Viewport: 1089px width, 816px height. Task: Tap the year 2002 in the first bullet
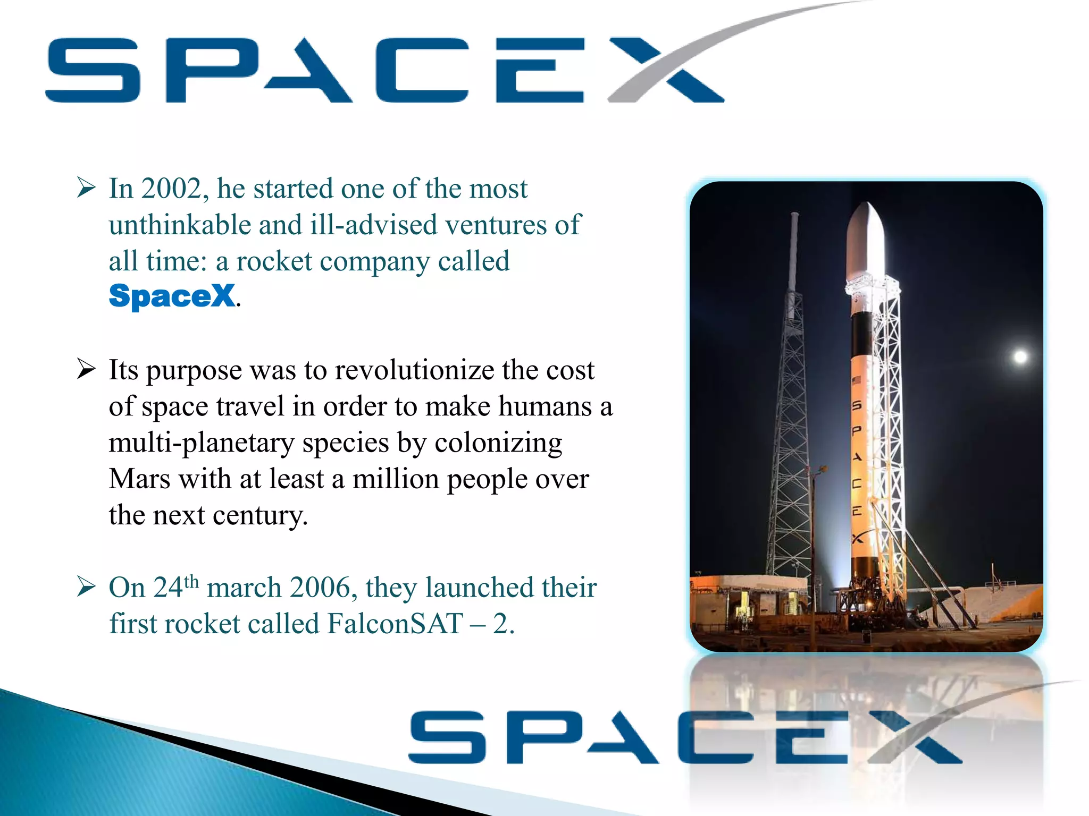171,189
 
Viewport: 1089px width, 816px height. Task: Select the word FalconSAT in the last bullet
395,624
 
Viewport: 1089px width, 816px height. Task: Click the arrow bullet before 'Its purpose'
86,369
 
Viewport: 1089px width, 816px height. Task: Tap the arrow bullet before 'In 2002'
86,188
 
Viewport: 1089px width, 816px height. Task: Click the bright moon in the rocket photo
1020,356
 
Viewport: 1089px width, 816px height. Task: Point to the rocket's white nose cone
865,234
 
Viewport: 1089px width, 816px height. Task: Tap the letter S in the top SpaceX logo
94,70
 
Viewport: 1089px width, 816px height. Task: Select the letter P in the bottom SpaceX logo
542,737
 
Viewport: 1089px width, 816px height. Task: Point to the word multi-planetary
201,443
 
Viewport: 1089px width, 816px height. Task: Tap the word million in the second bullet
396,479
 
